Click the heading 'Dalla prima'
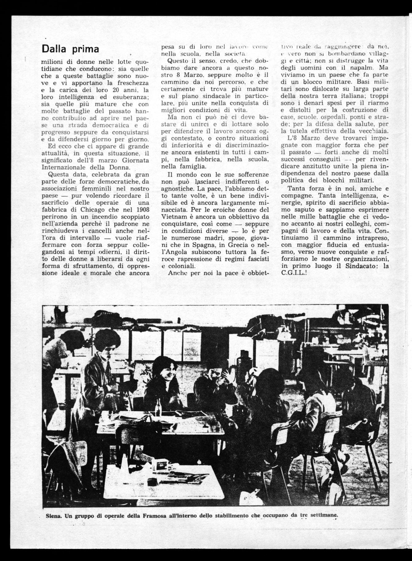(x=70, y=49)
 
